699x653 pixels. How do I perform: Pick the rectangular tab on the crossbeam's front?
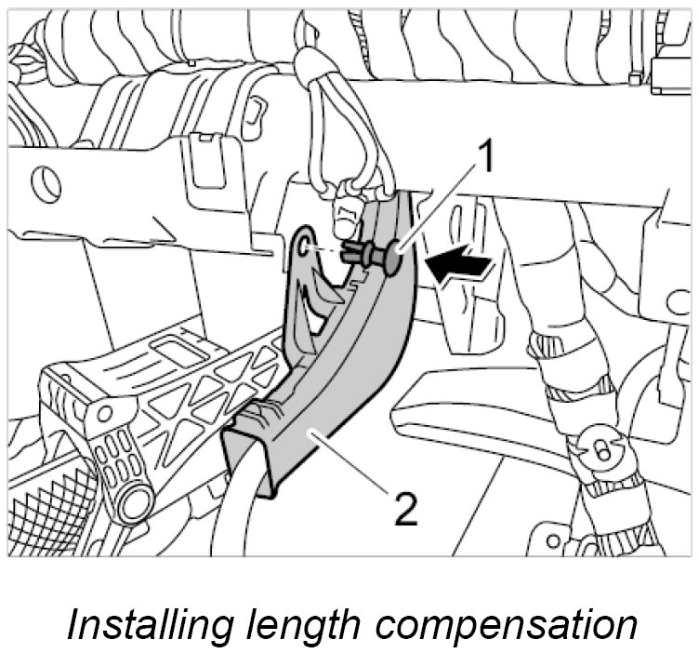pos(201,154)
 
